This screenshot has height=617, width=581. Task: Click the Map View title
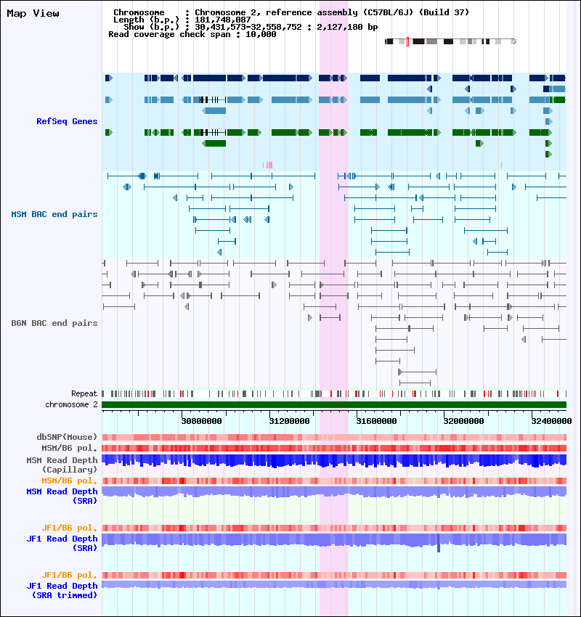click(33, 14)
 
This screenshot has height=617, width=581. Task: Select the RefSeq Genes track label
click(67, 121)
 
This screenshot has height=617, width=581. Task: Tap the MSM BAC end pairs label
click(54, 214)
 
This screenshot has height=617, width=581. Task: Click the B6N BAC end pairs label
click(54, 323)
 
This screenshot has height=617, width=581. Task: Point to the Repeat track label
click(84, 393)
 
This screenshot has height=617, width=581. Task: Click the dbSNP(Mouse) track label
click(67, 437)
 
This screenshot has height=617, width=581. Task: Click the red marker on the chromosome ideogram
click(407, 41)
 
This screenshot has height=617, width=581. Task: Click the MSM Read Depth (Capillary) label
click(62, 465)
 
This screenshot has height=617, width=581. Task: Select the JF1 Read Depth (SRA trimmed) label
click(62, 590)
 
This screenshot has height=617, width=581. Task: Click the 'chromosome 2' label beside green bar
click(71, 404)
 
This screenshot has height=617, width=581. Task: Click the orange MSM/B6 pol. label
click(70, 481)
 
